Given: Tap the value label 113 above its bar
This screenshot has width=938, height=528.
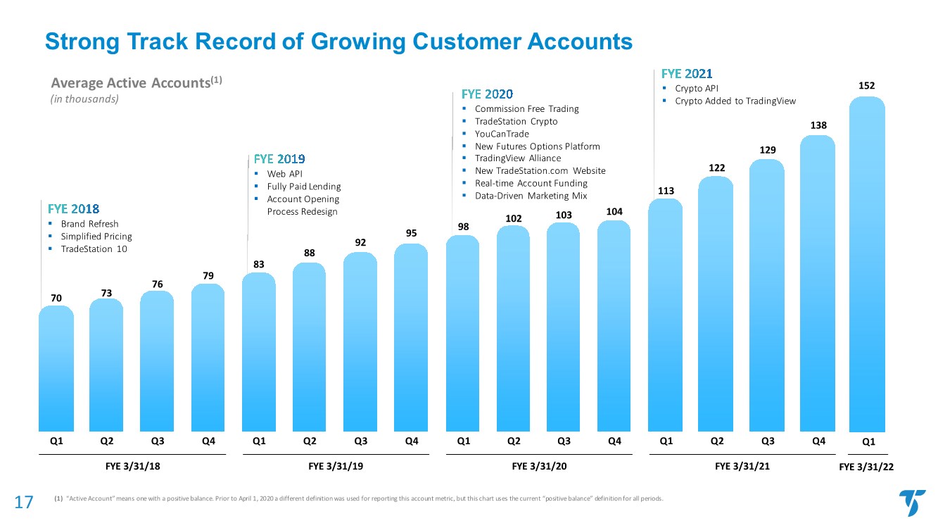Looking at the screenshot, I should pos(666,190).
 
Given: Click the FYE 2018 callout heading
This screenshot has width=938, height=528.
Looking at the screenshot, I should pos(73,209).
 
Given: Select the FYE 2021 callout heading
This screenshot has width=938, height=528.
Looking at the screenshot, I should pos(687,73).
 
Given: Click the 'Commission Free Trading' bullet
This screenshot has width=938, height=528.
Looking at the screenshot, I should pos(526,109).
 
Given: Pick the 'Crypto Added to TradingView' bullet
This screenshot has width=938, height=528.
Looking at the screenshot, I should pos(735,101).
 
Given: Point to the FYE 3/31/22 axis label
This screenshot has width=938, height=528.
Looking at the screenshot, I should pos(868,467).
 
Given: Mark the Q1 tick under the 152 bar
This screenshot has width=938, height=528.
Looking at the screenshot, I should pos(868,442).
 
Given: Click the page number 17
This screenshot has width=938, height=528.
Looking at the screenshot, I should pos(24,502).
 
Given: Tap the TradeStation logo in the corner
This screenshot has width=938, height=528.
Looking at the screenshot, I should pos(912,503).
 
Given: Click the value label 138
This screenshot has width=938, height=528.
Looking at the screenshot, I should pos(818,125).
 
